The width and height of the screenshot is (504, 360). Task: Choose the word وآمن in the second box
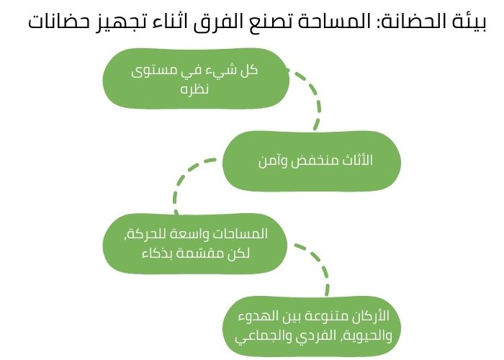pos(271,161)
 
